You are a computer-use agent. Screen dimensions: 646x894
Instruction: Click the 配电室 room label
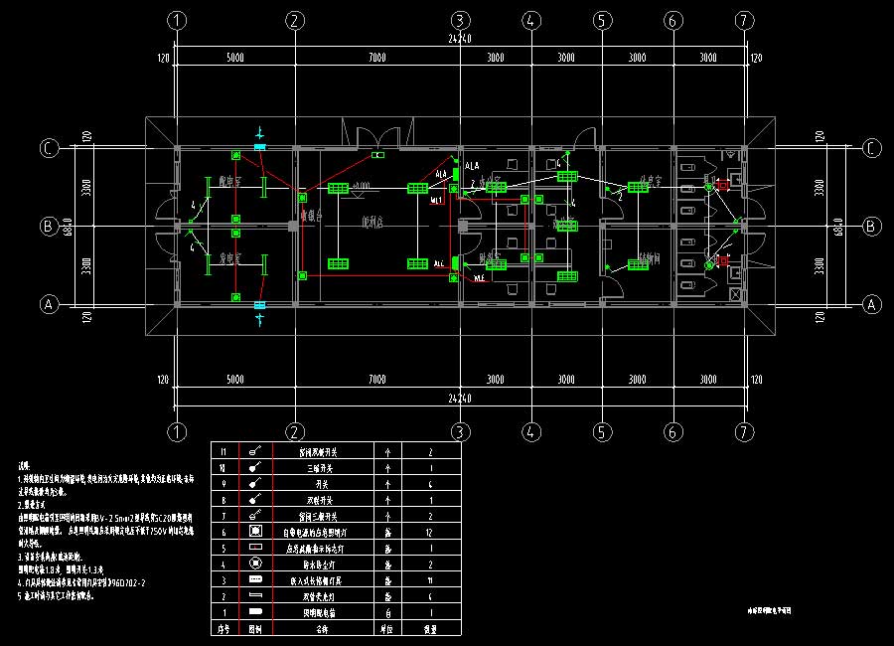tap(232, 182)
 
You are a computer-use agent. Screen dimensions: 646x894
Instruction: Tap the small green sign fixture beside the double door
tap(377, 156)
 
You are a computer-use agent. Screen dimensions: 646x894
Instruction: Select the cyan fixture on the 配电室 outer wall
tap(259, 147)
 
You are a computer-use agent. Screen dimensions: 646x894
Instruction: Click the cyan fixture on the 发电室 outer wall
tap(259, 304)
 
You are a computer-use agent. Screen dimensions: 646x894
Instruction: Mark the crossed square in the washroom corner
tap(734, 295)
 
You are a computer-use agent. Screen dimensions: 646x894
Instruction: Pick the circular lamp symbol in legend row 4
tap(254, 563)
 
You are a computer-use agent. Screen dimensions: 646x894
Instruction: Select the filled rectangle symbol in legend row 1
tap(254, 610)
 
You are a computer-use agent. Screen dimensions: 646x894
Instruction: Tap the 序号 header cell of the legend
tap(223, 628)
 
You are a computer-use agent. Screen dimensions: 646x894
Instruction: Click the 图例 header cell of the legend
tap(254, 628)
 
